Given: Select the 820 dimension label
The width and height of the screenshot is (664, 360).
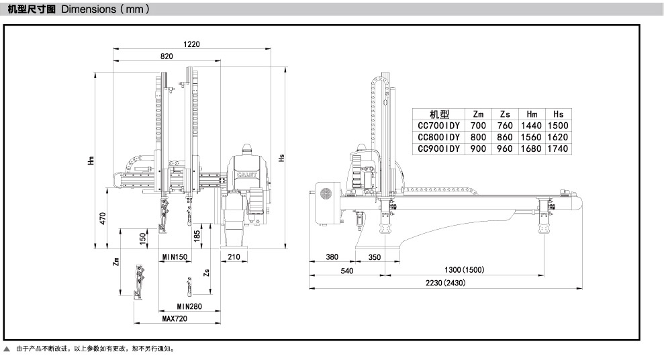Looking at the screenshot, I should (167, 57).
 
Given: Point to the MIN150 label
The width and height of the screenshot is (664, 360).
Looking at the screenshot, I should (175, 257).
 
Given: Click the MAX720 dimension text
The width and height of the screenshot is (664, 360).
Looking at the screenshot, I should (175, 318).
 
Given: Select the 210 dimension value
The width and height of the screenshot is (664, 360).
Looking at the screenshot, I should (234, 257).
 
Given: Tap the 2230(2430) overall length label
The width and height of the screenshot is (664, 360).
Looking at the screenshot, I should (445, 283).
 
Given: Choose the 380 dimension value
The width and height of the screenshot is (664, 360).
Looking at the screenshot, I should (331, 257).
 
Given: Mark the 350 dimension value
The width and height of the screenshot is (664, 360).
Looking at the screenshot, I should (374, 257).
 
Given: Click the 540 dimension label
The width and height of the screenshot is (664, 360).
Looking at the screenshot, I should (346, 270).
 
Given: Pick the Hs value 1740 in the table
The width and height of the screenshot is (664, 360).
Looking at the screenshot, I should (557, 148).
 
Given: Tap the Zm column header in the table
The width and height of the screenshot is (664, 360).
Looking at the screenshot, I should (478, 114).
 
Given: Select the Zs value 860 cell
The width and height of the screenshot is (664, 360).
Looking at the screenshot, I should (505, 137).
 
